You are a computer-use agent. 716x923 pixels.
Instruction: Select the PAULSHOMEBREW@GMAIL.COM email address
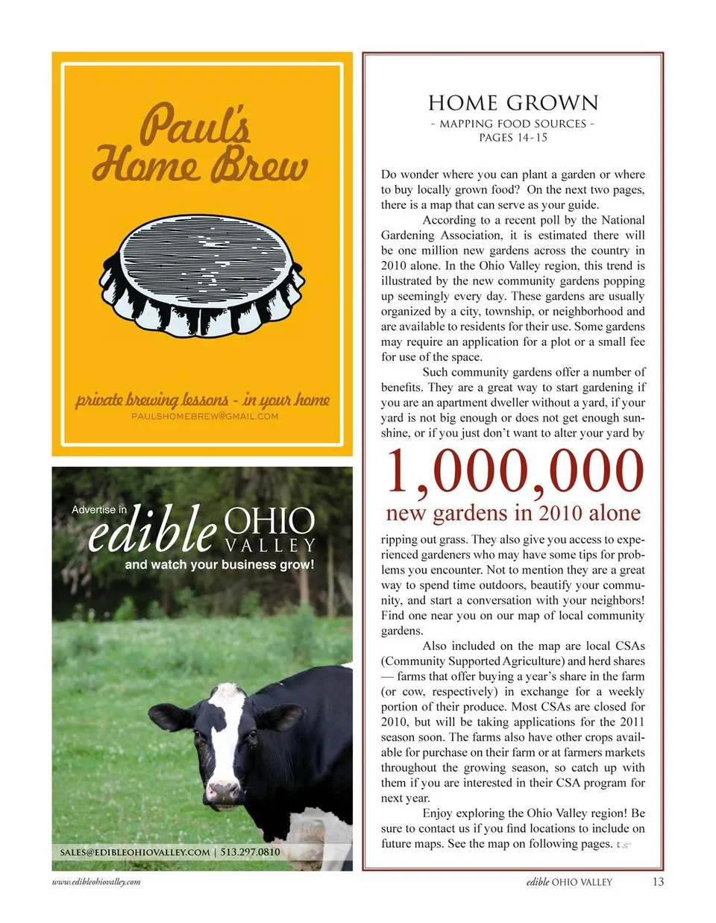click(x=204, y=416)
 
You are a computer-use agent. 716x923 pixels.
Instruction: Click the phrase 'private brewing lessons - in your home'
click(x=202, y=400)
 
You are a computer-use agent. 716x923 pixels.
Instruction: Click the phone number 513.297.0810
click(x=251, y=851)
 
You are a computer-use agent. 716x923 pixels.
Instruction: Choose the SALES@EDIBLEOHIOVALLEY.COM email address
click(x=135, y=851)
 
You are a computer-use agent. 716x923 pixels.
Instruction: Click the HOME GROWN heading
click(x=513, y=103)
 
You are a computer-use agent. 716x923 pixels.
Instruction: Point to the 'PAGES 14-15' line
click(x=513, y=137)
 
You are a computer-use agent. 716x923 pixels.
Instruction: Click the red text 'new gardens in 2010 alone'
click(x=513, y=513)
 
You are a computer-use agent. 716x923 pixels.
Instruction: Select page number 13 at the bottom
click(x=658, y=881)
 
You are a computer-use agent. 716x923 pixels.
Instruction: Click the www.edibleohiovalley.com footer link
click(x=96, y=881)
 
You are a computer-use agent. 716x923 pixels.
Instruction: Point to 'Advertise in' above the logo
click(x=99, y=510)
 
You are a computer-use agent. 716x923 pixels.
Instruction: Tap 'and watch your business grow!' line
click(x=219, y=564)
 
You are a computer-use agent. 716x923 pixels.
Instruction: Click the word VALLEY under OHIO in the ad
click(x=269, y=546)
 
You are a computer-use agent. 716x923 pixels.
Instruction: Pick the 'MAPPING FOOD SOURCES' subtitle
click(x=513, y=124)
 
